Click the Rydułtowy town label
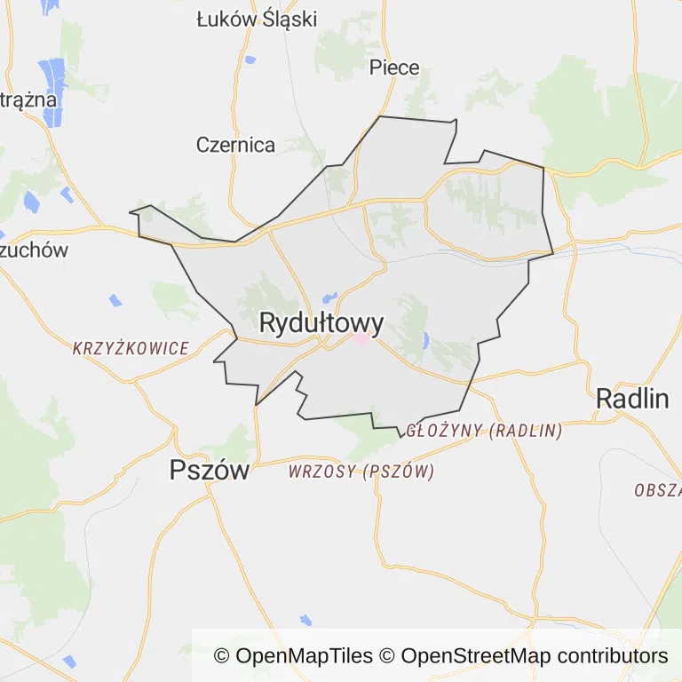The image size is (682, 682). click(321, 323)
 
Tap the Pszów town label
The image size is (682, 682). click(210, 471)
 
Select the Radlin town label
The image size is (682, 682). click(632, 399)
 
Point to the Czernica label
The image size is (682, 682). click(235, 145)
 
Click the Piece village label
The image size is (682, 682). click(394, 67)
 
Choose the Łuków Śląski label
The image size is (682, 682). click(257, 19)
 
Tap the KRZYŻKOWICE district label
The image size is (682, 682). click(131, 348)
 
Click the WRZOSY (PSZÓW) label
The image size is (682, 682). click(361, 472)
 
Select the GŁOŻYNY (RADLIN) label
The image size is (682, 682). click(484, 431)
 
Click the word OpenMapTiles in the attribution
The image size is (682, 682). click(304, 656)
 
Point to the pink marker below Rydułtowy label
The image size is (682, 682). click(362, 339)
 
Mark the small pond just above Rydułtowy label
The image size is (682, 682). click(329, 296)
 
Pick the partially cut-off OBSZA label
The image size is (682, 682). click(658, 490)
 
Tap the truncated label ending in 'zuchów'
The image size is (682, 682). click(34, 250)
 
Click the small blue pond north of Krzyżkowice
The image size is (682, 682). click(115, 300)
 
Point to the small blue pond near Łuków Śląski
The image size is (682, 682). click(250, 60)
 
